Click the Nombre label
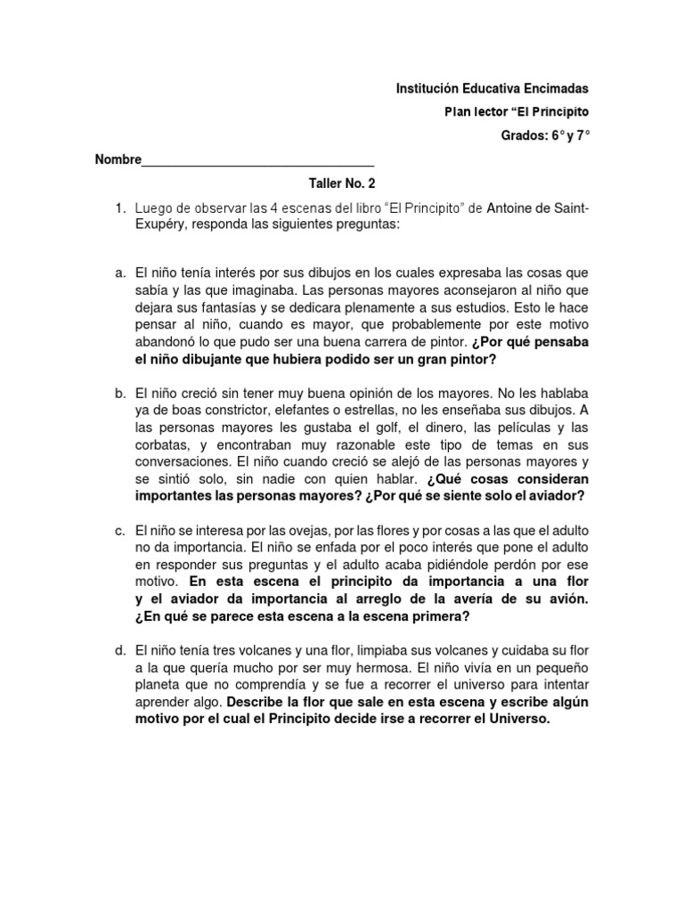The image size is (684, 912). click(x=118, y=160)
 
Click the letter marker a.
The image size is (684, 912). click(x=120, y=273)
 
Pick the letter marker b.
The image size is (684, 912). click(x=120, y=393)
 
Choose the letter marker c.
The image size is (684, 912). click(x=120, y=531)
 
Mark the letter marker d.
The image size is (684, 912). click(x=120, y=652)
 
